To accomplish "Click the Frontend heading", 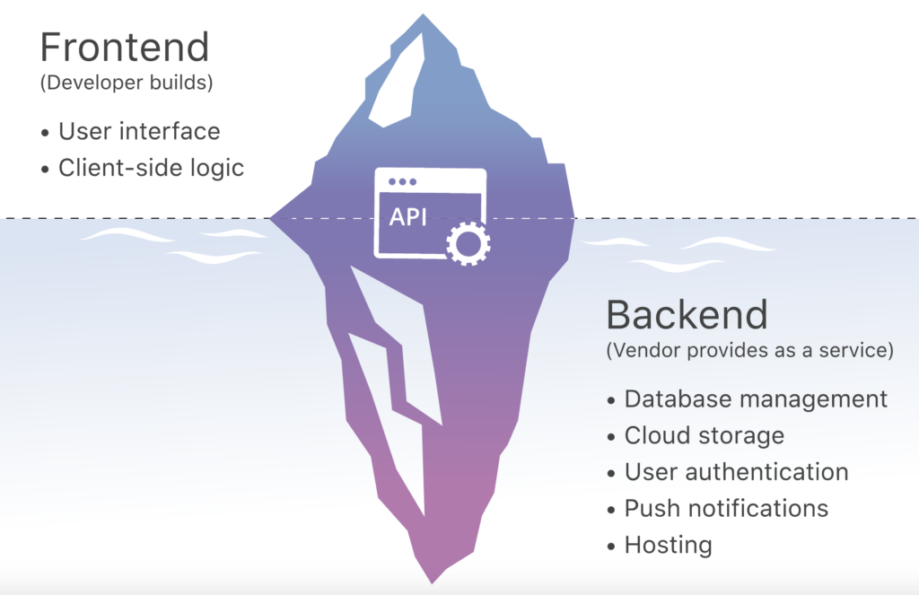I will (125, 47).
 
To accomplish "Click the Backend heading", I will (687, 314).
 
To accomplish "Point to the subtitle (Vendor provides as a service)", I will (750, 351).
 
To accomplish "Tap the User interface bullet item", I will (138, 131).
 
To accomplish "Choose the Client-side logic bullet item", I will (151, 168).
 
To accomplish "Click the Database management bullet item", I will (756, 398).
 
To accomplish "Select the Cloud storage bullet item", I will (704, 435).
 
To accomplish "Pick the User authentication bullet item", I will (736, 471).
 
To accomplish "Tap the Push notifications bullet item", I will (726, 508).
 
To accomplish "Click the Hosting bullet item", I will (668, 545).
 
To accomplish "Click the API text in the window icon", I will (408, 218).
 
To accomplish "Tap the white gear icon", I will (468, 241).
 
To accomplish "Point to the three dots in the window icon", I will (400, 181).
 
